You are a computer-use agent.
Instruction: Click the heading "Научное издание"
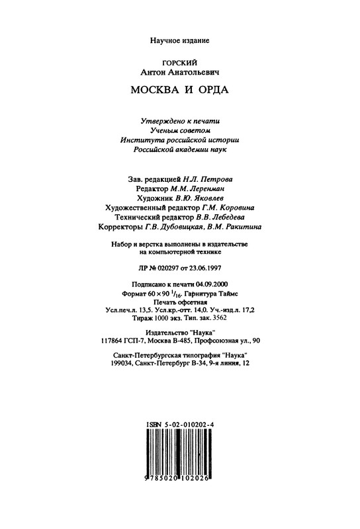pyautogui.click(x=179, y=41)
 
